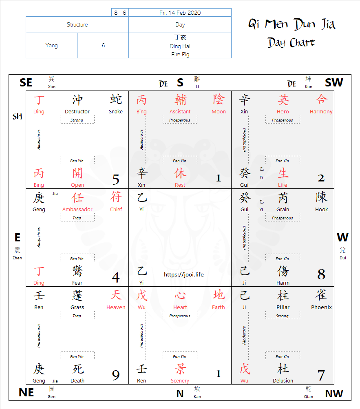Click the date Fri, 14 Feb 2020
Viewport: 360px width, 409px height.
click(x=180, y=13)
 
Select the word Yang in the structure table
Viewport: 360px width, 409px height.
click(x=51, y=45)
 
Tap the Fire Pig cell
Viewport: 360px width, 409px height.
click(x=180, y=54)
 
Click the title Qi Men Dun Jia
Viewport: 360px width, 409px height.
click(x=292, y=24)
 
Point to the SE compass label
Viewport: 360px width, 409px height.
click(x=26, y=83)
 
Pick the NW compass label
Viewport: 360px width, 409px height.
click(x=334, y=394)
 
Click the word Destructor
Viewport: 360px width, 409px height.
click(x=77, y=112)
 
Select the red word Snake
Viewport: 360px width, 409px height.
click(x=115, y=112)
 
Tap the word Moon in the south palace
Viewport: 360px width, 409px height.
click(x=219, y=112)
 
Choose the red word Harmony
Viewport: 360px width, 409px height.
click(x=321, y=112)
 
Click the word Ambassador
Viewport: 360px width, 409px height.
click(x=77, y=210)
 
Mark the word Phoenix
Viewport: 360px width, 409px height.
click(x=321, y=307)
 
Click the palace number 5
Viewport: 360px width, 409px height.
click(x=116, y=179)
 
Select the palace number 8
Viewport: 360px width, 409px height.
click(x=321, y=274)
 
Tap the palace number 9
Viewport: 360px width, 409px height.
click(x=116, y=375)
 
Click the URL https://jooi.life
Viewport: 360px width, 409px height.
click(x=183, y=274)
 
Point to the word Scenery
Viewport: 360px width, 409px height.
click(x=180, y=381)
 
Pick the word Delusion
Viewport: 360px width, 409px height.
click(x=283, y=381)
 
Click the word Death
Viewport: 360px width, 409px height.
click(x=77, y=381)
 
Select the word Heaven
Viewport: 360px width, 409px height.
click(x=116, y=307)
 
